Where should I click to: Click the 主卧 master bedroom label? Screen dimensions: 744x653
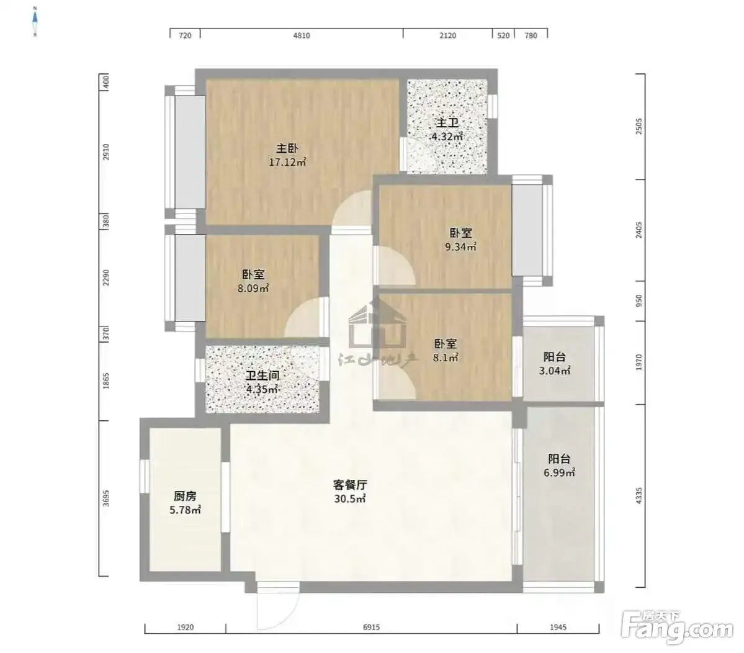(x=287, y=148)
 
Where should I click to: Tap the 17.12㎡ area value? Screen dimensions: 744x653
(x=287, y=162)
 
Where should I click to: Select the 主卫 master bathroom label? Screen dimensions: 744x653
(x=447, y=123)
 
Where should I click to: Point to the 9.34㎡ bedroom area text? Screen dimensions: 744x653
(x=460, y=247)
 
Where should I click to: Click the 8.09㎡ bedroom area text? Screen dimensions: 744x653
(x=253, y=288)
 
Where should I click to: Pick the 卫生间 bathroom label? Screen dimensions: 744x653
(x=262, y=376)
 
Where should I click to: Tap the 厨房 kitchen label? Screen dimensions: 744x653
(x=184, y=497)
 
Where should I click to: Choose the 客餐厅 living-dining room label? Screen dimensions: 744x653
(x=350, y=485)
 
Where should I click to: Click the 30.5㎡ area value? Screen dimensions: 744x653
(x=350, y=499)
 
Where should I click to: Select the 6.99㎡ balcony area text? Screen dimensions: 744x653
(x=560, y=472)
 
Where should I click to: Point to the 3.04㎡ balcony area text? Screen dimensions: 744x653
(x=554, y=371)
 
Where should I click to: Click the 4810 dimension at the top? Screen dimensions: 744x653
(x=302, y=35)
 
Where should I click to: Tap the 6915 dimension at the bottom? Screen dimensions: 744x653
(x=372, y=628)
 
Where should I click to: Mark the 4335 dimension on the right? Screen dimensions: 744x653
(x=639, y=495)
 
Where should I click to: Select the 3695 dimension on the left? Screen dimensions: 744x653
(x=106, y=498)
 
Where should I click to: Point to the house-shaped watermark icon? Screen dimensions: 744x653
(x=378, y=326)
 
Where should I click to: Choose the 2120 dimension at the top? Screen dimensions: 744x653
(x=447, y=35)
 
